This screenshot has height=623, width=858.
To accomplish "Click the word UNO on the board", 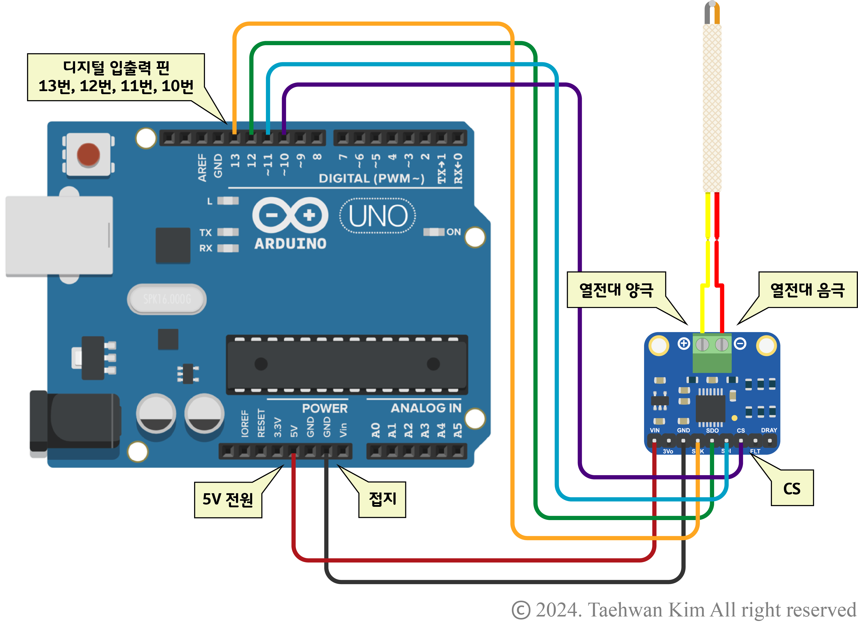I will pyautogui.click(x=378, y=216).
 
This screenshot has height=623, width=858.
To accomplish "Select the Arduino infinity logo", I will pyautogui.click(x=290, y=215).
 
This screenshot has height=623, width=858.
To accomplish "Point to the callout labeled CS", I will pyautogui.click(x=792, y=488).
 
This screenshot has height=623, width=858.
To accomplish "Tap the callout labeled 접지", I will pyautogui.click(x=382, y=499).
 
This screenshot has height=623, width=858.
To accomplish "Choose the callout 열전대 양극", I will pyautogui.click(x=616, y=290).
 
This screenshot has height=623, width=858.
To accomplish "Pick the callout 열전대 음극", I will pyautogui.click(x=807, y=290).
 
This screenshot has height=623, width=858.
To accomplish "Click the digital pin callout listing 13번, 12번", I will pyautogui.click(x=116, y=77).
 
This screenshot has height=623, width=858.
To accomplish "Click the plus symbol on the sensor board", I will pyautogui.click(x=683, y=343).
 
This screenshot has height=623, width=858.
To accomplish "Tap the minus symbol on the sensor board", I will pyautogui.click(x=740, y=343).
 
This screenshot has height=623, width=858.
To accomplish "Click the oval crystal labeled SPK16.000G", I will pyautogui.click(x=167, y=299).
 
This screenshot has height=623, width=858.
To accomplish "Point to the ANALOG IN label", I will pyautogui.click(x=426, y=408).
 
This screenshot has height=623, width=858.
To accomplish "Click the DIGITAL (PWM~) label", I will pyautogui.click(x=371, y=178).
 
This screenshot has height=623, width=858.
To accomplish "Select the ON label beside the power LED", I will pyautogui.click(x=453, y=232).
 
